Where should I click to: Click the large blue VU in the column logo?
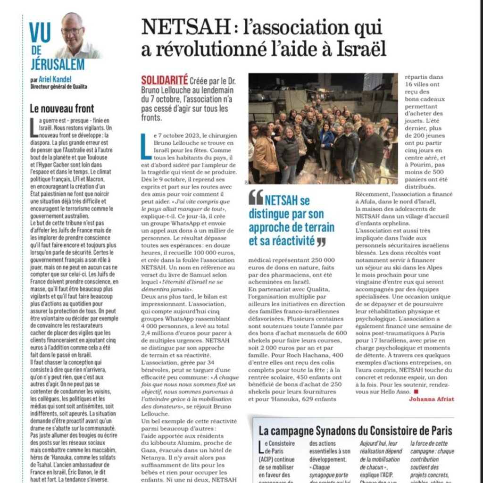[40, 32]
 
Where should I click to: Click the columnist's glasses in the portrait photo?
[72, 31]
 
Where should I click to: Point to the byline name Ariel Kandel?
[52, 80]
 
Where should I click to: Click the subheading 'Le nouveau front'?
[61, 108]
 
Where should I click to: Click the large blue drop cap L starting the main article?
[145, 146]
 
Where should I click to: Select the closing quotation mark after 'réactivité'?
[321, 241]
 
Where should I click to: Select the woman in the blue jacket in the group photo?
[326, 142]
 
